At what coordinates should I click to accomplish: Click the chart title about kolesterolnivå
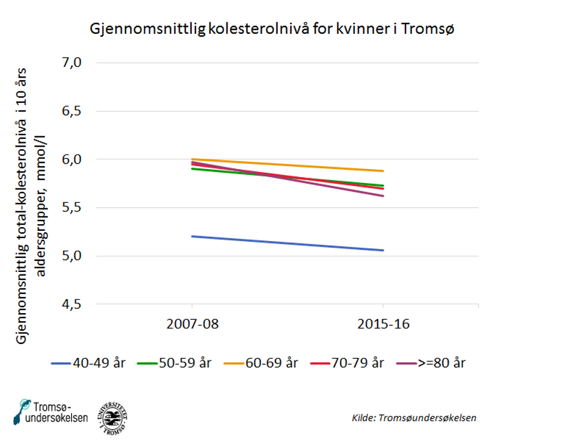coord(272,28)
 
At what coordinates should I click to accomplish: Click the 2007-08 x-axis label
coord(192,324)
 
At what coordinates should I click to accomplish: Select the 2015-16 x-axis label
coord(382,324)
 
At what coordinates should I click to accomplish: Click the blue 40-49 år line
coord(287,244)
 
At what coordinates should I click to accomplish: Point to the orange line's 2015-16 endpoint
coord(383,171)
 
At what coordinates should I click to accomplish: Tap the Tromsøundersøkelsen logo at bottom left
coord(51,413)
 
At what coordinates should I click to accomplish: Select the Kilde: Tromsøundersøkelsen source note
coord(414,418)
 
